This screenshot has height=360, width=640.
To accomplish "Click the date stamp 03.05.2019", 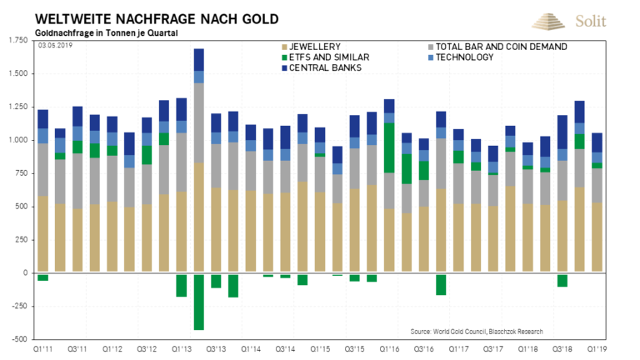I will pos(56,47).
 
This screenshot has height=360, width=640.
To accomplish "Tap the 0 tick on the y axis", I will pos(24,272).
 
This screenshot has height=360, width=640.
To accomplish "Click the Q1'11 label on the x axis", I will pos(42,348).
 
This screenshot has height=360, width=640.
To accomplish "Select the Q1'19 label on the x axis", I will pos(597,348).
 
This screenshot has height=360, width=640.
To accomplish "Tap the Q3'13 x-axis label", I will pos(216,348).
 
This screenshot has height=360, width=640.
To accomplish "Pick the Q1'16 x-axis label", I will pos(389,348).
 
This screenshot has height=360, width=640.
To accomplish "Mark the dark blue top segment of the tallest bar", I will pos(199,60).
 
